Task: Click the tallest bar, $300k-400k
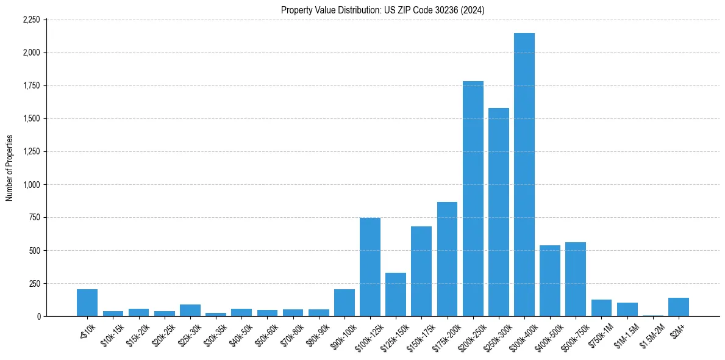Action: pyautogui.click(x=524, y=175)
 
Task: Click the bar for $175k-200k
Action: pyautogui.click(x=447, y=259)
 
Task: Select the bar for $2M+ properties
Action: pyautogui.click(x=679, y=307)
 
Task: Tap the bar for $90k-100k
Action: pyautogui.click(x=345, y=303)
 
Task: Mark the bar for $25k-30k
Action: pyautogui.click(x=190, y=310)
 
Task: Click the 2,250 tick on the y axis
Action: pyautogui.click(x=31, y=20)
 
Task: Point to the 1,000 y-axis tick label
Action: pyautogui.click(x=31, y=184)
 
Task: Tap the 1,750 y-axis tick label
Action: pyautogui.click(x=31, y=85)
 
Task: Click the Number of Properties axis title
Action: pyautogui.click(x=9, y=168)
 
